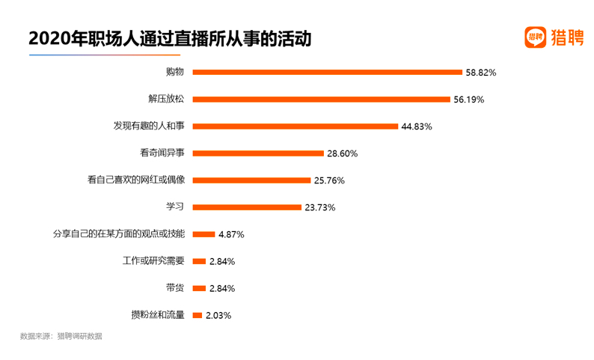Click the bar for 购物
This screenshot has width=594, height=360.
coord(328,73)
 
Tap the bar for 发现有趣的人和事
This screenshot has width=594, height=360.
coord(296,126)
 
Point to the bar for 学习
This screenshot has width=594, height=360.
coord(247,207)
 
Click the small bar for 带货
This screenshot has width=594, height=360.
coord(199,288)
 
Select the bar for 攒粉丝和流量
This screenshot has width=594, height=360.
coord(198,315)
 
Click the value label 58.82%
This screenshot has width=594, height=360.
coord(481,73)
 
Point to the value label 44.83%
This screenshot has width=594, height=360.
coord(417,126)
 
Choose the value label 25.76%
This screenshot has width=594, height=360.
coord(329,180)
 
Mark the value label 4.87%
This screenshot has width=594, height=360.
coord(231,234)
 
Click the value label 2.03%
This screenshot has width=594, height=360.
coord(218,315)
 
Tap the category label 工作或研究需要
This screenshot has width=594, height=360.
coord(153,260)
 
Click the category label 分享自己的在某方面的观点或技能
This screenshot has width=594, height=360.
coord(119,234)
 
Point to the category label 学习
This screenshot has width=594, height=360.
coord(175,207)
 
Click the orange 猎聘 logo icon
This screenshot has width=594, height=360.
coord(535,38)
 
